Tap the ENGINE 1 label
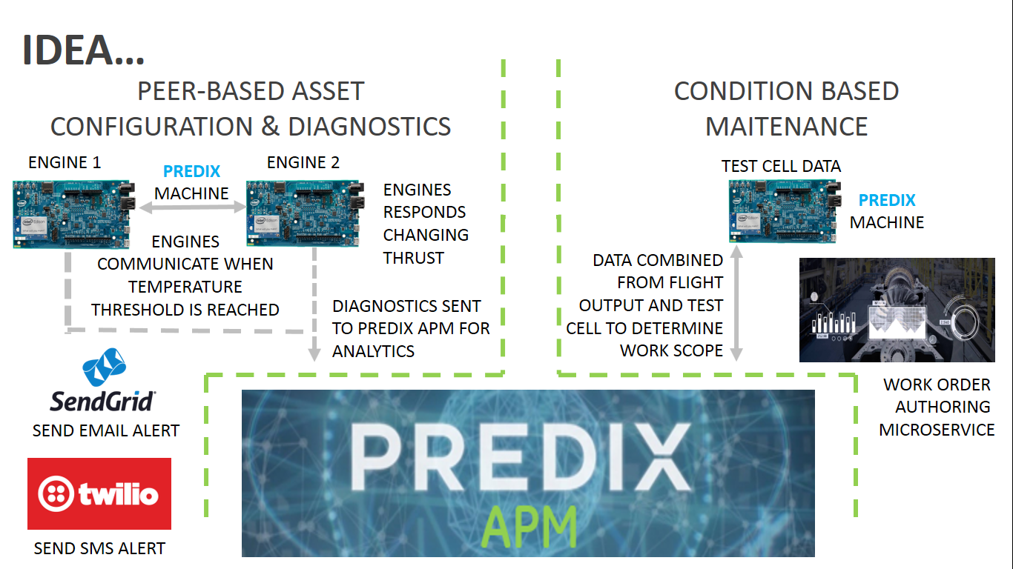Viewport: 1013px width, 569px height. pyautogui.click(x=65, y=162)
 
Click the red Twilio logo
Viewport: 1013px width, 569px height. pyautogui.click(x=99, y=493)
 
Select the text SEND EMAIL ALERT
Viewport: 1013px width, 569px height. pyautogui.click(x=106, y=430)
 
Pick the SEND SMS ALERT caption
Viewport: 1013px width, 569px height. pyautogui.click(x=99, y=548)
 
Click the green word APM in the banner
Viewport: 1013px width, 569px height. pyautogui.click(x=528, y=524)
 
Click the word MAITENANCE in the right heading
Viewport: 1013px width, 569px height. pyautogui.click(x=786, y=126)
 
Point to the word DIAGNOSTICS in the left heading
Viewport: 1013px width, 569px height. pyautogui.click(x=369, y=126)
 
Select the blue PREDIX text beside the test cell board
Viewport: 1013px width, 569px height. pyautogui.click(x=887, y=200)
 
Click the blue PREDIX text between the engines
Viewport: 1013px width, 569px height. pyautogui.click(x=192, y=171)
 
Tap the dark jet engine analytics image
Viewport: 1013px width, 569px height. pyautogui.click(x=897, y=310)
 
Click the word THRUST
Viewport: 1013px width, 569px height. pyautogui.click(x=414, y=258)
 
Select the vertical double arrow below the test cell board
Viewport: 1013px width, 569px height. pyautogui.click(x=736, y=304)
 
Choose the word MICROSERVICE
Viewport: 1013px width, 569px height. pyautogui.click(x=937, y=430)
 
